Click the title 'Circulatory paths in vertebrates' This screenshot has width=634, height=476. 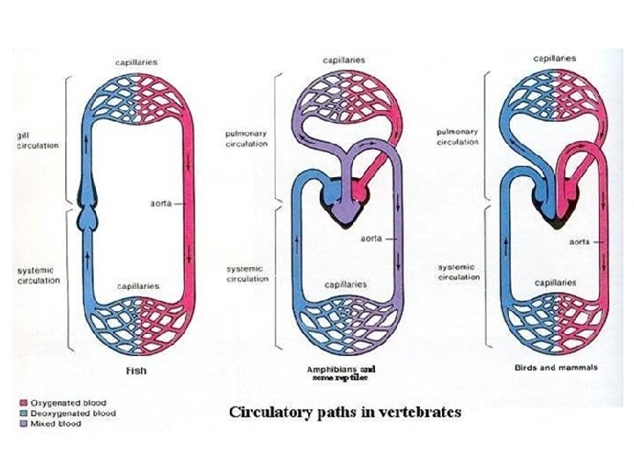point(345,412)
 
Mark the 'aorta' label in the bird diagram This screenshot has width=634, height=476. point(579,240)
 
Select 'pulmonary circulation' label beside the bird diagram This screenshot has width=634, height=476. point(458,137)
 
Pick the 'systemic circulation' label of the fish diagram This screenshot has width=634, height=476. point(37,275)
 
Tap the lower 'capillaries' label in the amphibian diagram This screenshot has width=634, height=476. point(345,285)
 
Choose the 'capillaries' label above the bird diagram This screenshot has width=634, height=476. point(555,58)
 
